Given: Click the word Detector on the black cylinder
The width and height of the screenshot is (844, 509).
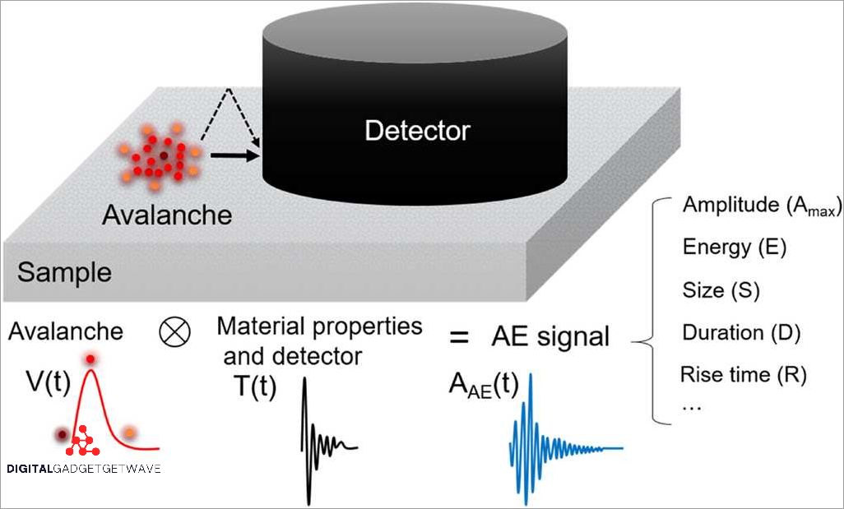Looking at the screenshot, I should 417,130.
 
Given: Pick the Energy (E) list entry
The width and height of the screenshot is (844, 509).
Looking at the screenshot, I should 734,248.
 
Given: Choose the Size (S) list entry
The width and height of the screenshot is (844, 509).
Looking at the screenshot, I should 721,289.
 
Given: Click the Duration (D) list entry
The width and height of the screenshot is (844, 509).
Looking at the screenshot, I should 741,332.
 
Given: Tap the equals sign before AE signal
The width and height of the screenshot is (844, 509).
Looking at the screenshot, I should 460,336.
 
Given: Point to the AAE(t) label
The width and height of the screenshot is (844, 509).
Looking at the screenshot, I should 483,386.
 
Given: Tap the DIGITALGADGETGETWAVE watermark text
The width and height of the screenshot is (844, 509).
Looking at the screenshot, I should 83,469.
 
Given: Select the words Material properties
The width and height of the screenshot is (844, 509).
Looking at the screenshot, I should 319,326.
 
